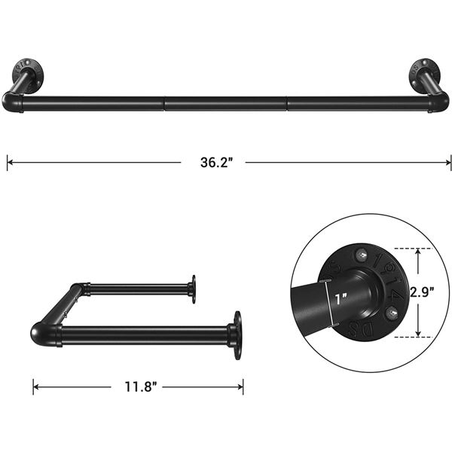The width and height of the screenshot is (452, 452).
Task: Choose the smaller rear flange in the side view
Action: [x=194, y=289]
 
